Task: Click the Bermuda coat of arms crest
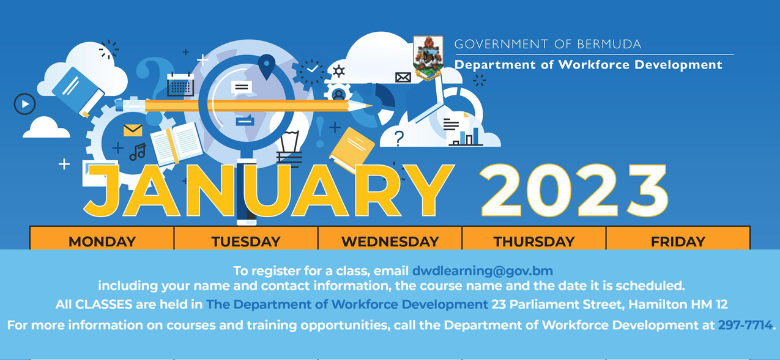[431, 55]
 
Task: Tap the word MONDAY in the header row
[101, 241]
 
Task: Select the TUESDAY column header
[245, 241]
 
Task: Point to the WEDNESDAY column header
[390, 241]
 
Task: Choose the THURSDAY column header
[534, 241]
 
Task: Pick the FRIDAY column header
[677, 241]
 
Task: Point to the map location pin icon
[265, 66]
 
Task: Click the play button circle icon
[23, 102]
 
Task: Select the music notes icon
[137, 152]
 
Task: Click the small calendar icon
[181, 84]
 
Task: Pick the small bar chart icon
[470, 135]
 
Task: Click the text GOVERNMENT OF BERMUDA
[548, 44]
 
